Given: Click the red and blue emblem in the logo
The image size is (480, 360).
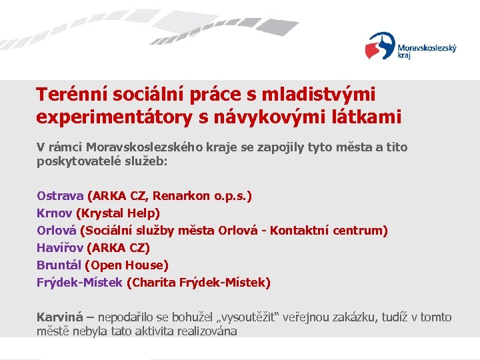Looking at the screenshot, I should [x=380, y=46].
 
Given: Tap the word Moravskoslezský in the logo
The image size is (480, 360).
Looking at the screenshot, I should [x=427, y=48].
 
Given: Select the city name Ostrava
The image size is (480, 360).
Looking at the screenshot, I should [x=60, y=196].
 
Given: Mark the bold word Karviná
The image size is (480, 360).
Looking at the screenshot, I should [x=59, y=317].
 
